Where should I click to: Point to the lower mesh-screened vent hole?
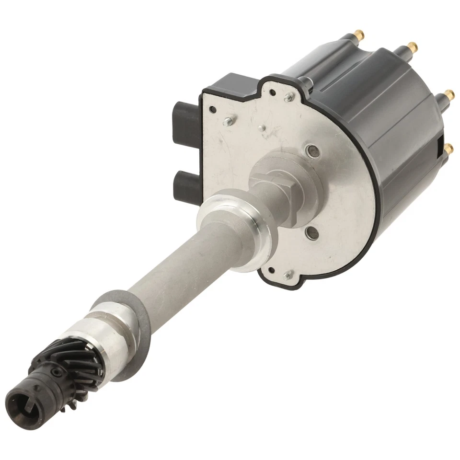click(311, 234)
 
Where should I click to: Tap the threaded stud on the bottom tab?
click(288, 276)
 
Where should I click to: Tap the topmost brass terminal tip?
click(358, 34)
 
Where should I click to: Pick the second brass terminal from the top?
click(412, 47)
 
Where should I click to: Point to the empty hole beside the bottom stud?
click(272, 269)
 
